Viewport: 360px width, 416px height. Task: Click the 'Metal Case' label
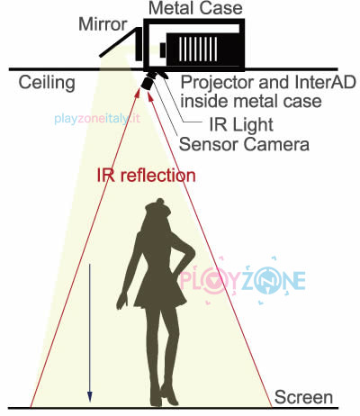coord(195,8)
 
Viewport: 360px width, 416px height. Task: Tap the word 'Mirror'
coord(103,24)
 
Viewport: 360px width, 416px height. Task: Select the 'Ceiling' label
coord(47,83)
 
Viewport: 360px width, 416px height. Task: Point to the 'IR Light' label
coord(241,124)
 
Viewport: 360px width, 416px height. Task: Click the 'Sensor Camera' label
coord(244,144)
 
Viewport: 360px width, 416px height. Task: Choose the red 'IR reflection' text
coord(146,175)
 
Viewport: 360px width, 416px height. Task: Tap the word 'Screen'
coord(303,397)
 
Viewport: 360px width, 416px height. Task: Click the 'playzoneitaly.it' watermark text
coord(97,119)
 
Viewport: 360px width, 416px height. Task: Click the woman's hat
coord(157,207)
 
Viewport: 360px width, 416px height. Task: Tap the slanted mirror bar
coord(120,42)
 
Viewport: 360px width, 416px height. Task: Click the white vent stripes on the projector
coord(198,50)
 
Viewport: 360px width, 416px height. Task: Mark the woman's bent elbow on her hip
coord(192,254)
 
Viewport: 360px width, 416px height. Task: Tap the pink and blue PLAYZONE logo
coord(242,280)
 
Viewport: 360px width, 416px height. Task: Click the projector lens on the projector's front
coord(163,50)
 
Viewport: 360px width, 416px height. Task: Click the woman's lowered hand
coord(122,301)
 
